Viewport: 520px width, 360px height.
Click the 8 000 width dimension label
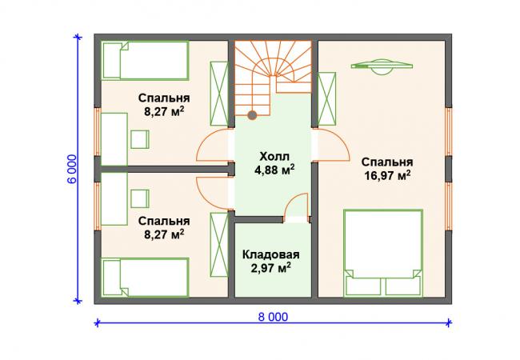click(x=273, y=318)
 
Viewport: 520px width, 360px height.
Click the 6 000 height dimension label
click(x=72, y=169)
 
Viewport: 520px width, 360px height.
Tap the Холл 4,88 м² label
click(x=274, y=163)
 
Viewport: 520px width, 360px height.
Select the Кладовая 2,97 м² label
click(x=271, y=262)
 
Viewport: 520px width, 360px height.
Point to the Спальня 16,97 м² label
click(x=387, y=169)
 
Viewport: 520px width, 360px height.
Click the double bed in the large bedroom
click(x=383, y=253)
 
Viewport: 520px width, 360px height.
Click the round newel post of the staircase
click(x=252, y=115)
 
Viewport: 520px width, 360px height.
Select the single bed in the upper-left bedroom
click(x=145, y=60)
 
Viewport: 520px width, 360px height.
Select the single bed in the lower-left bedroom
click(x=145, y=278)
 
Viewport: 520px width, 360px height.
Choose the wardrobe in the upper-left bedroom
click(x=219, y=94)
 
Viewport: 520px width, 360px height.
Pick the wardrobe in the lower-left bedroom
click(x=219, y=245)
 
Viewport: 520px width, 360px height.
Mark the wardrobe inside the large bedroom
click(x=326, y=99)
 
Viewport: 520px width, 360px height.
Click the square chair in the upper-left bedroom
click(x=140, y=139)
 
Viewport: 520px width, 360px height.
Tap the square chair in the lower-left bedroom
click(x=140, y=198)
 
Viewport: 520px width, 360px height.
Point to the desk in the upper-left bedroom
click(x=114, y=139)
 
